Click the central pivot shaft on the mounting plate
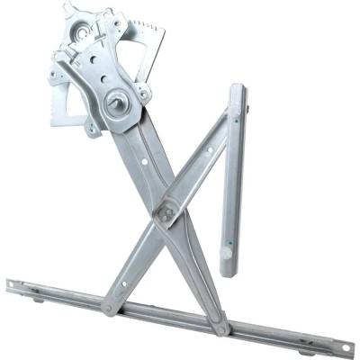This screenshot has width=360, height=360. [x=116, y=103]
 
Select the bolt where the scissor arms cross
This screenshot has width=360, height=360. [x=165, y=215]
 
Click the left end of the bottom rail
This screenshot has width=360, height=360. [x=11, y=284]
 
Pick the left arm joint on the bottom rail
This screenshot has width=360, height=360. [x=109, y=309]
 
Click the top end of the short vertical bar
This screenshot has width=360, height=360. [x=238, y=92]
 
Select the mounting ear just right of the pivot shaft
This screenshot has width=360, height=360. [x=144, y=93]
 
